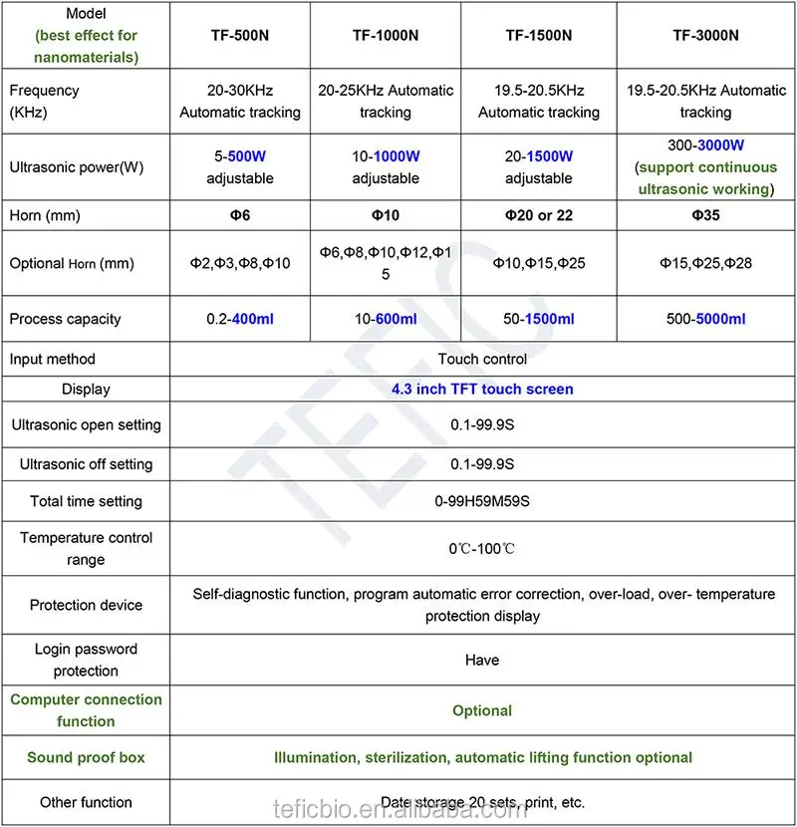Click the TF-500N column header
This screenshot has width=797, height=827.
[x=239, y=35]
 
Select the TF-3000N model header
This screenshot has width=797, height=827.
[x=705, y=35]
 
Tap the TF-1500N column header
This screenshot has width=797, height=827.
[x=538, y=35]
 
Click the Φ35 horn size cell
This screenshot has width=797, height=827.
[x=705, y=215]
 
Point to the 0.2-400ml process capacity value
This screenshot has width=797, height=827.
[x=239, y=319]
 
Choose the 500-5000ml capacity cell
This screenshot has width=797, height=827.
[x=705, y=319]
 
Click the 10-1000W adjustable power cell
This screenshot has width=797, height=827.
[x=385, y=166]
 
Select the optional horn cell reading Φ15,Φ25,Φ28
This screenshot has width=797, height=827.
[x=705, y=263]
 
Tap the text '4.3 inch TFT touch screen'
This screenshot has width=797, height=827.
[x=482, y=389]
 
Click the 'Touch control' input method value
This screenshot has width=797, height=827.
[x=482, y=359]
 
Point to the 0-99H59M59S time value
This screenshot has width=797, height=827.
[x=482, y=501]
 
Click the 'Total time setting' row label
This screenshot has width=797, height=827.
[x=86, y=501]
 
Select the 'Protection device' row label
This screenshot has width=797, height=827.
[x=86, y=605]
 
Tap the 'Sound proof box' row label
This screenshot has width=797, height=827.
[x=86, y=757]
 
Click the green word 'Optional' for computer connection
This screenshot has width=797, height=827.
[x=482, y=710]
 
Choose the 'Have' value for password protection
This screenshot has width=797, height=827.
[x=482, y=660]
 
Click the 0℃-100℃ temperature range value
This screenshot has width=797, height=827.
[x=482, y=549]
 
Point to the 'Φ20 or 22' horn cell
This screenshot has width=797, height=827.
[x=538, y=215]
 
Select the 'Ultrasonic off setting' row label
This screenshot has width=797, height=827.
[x=86, y=463]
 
